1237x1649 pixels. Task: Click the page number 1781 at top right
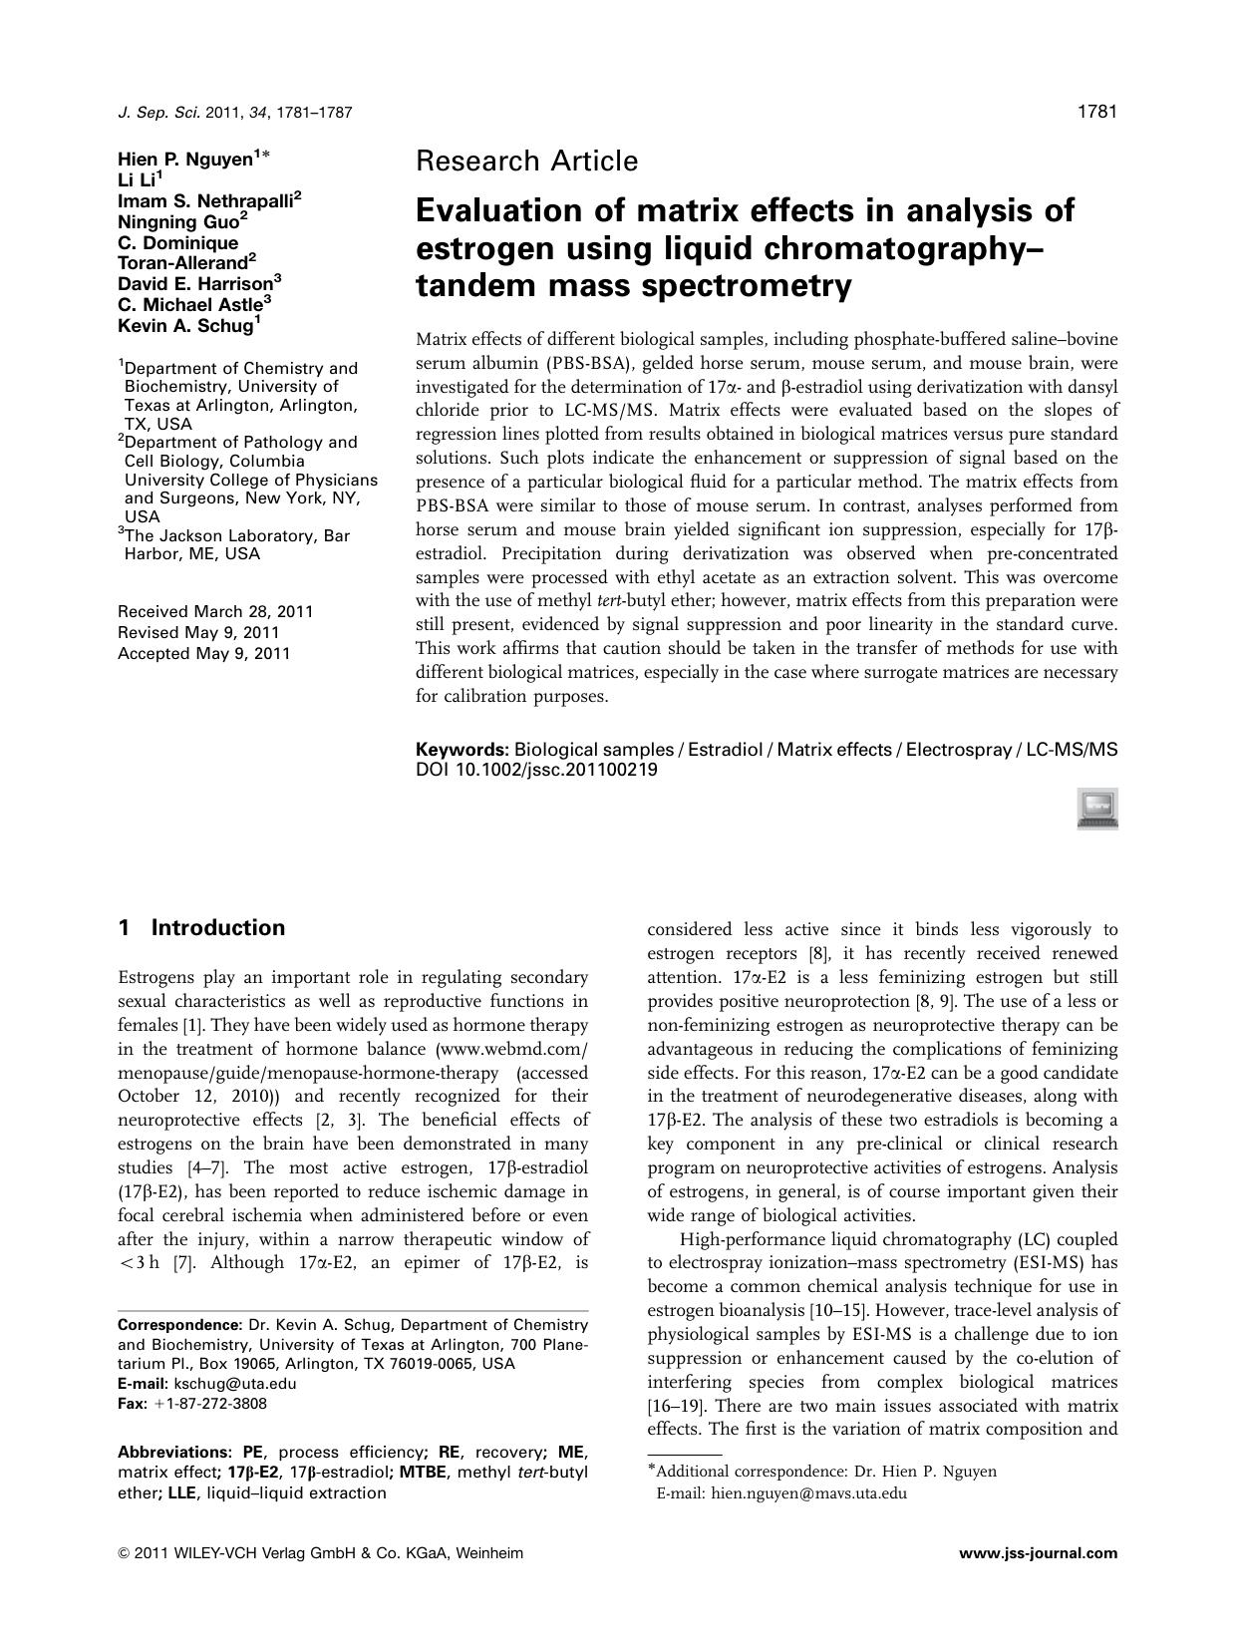click(x=1096, y=112)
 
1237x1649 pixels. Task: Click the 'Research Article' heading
click(x=526, y=161)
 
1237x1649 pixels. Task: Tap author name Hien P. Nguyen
click(x=184, y=159)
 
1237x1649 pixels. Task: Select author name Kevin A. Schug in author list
click(x=184, y=325)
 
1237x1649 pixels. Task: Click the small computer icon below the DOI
click(x=1096, y=808)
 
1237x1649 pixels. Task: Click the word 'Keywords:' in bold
click(x=462, y=749)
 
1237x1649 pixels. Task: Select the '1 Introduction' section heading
click(x=201, y=928)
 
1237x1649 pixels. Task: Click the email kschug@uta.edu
click(x=235, y=1384)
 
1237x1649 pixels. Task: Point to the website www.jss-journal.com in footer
click(x=1038, y=1552)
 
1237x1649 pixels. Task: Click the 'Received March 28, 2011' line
click(x=215, y=611)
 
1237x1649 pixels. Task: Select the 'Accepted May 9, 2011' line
click(x=204, y=653)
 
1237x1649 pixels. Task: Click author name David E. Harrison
click(x=194, y=283)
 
